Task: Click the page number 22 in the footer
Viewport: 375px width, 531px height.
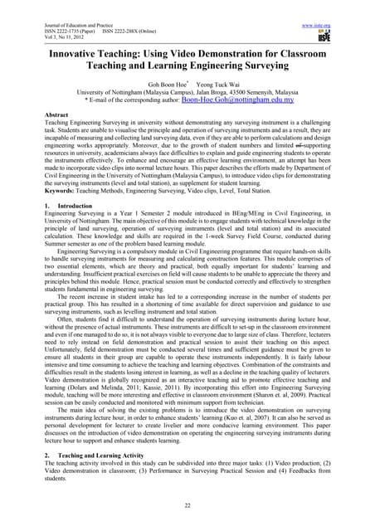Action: click(x=187, y=504)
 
